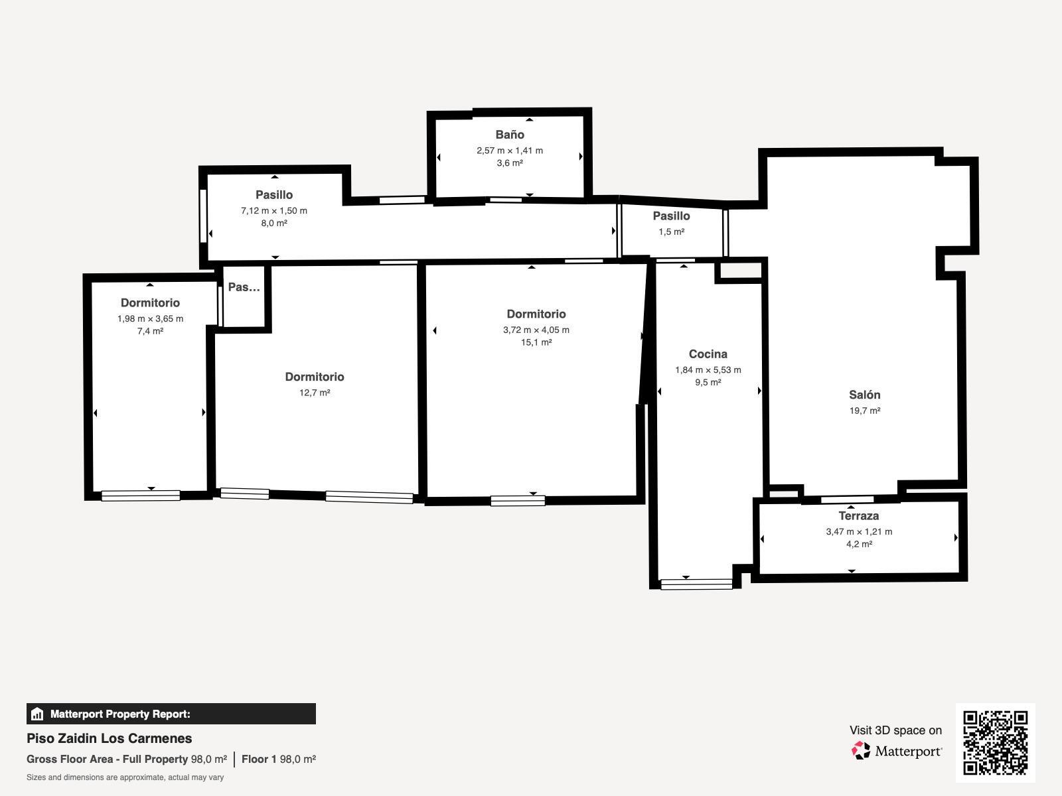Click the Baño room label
pyautogui.click(x=510, y=135)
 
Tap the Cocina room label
pyautogui.click(x=708, y=354)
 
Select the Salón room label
pyautogui.click(x=865, y=395)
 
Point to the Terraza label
pyautogui.click(x=859, y=515)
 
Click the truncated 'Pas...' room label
pyautogui.click(x=244, y=287)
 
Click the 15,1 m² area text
pyautogui.click(x=536, y=342)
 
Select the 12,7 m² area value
pyautogui.click(x=315, y=393)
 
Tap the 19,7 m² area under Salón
pyautogui.click(x=865, y=411)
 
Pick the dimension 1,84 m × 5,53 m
pyautogui.click(x=708, y=369)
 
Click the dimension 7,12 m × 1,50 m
pyautogui.click(x=274, y=210)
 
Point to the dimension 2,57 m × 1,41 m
pyautogui.click(x=510, y=151)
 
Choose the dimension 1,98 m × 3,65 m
pyautogui.click(x=150, y=318)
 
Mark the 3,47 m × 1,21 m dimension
pyautogui.click(x=859, y=531)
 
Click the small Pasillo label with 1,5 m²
pyautogui.click(x=671, y=216)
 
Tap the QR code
pyautogui.click(x=995, y=743)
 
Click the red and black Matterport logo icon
pyautogui.click(x=860, y=751)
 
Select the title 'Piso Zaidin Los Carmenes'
pyautogui.click(x=110, y=738)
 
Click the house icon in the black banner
pyautogui.click(x=37, y=714)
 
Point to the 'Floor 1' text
pyautogui.click(x=259, y=760)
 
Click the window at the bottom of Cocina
pyautogui.click(x=696, y=584)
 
